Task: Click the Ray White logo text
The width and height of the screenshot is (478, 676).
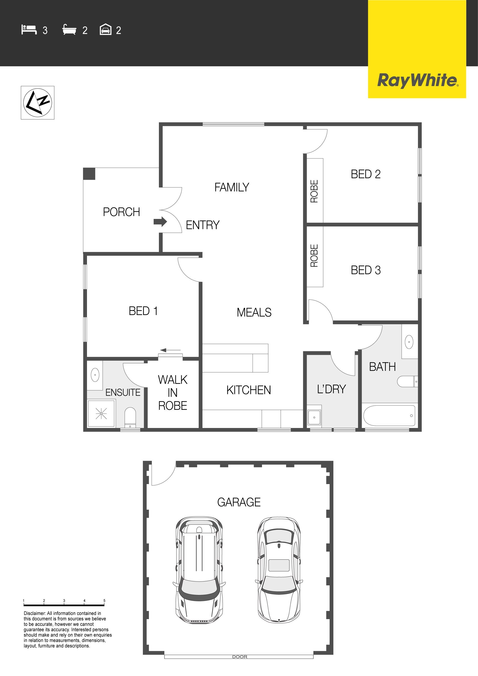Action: (x=418, y=81)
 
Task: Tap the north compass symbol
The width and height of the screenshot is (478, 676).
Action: (x=37, y=103)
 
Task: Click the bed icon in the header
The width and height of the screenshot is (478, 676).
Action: (x=29, y=30)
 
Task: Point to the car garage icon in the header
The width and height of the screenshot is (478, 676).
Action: (x=105, y=30)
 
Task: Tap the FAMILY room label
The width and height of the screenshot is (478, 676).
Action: (x=232, y=187)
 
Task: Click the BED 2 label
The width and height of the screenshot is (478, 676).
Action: (x=366, y=174)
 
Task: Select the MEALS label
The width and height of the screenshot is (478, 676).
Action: (x=254, y=312)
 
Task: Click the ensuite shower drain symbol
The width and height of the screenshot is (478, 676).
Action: (x=101, y=414)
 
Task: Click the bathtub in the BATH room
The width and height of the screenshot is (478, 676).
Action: (x=389, y=416)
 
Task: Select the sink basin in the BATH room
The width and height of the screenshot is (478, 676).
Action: (x=409, y=342)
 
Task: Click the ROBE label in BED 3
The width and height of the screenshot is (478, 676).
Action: (x=314, y=256)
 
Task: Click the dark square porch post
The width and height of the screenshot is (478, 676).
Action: (x=89, y=174)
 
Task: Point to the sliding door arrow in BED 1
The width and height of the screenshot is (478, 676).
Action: (x=170, y=350)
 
